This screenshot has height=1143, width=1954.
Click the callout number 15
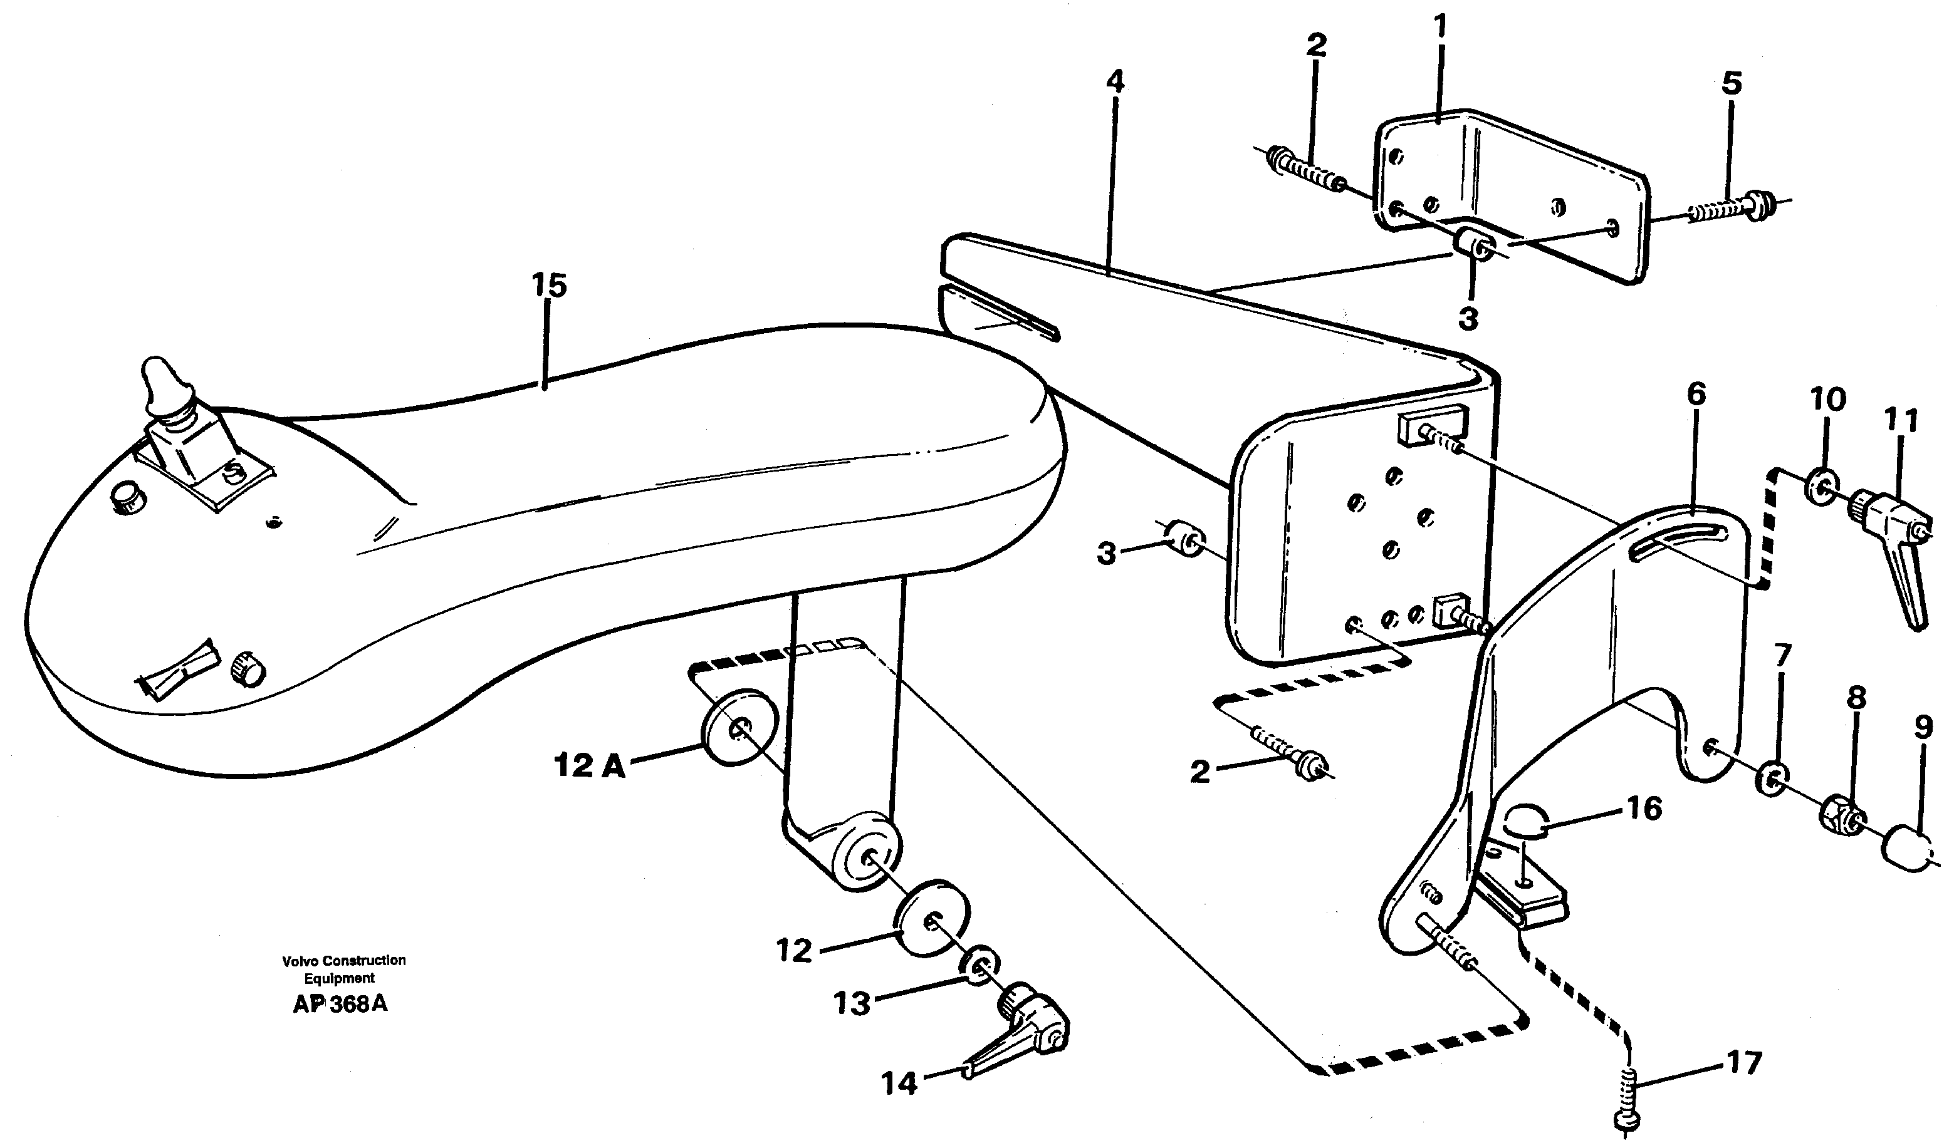549,285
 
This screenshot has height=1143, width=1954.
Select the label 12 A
589,767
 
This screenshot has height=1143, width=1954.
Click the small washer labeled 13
980,966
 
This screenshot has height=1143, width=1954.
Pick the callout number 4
1114,82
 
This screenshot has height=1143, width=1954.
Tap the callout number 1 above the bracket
1440,27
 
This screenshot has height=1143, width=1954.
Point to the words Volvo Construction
343,960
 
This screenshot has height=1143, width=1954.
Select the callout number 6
1696,395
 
